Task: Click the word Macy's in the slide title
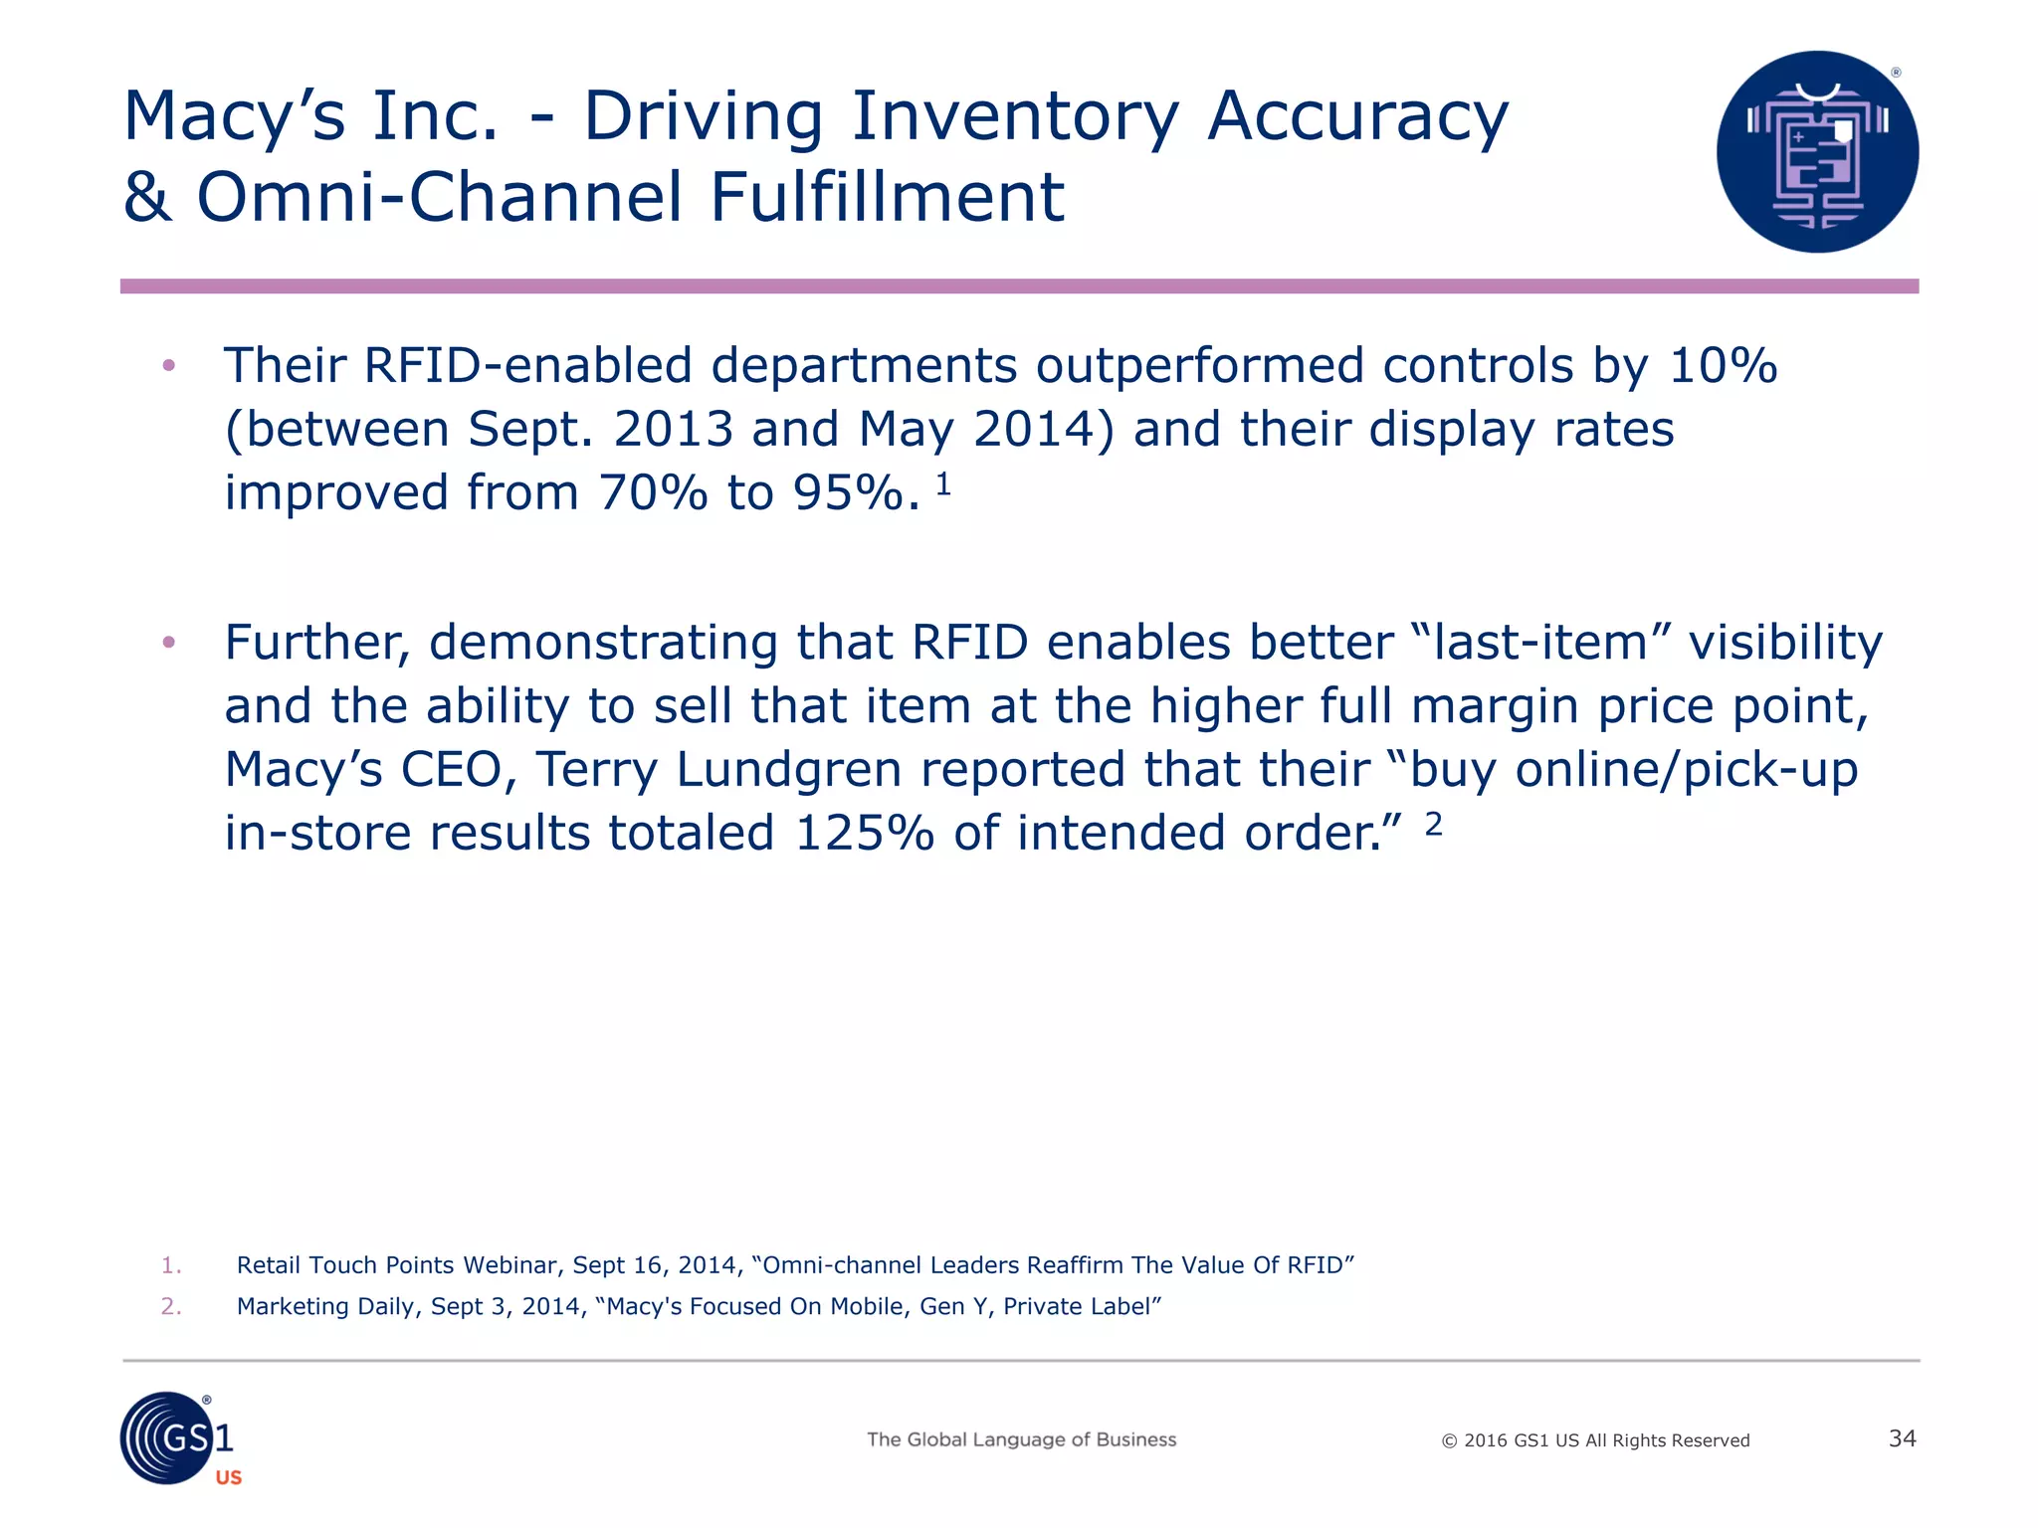(x=234, y=117)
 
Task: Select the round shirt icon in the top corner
(x=1817, y=152)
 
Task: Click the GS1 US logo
(x=178, y=1439)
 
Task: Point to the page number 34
(x=1902, y=1438)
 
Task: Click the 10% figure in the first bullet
(x=1723, y=366)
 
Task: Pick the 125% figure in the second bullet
(x=865, y=834)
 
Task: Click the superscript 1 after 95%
(x=943, y=484)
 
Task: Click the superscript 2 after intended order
(x=1433, y=824)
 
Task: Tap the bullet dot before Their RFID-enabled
(x=169, y=366)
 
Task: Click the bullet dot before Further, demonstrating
(x=169, y=642)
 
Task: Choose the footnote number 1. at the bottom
(x=171, y=1265)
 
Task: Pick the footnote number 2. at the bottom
(x=171, y=1306)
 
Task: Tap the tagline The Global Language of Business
(x=1021, y=1439)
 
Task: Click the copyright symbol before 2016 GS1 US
(x=1449, y=1441)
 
